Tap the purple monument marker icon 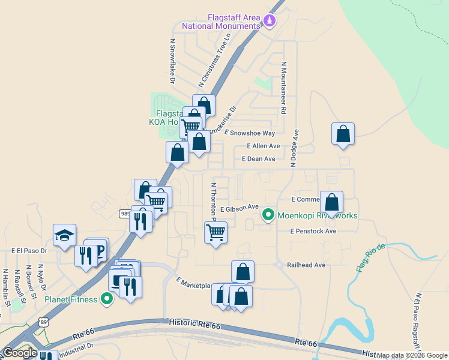tap(270, 22)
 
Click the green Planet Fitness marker tap(107, 298)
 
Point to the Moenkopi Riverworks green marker tap(268, 214)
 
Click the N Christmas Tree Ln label tap(215, 61)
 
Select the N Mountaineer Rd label tap(282, 88)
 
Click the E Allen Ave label tap(264, 146)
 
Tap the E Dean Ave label tap(258, 159)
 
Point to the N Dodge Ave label tap(295, 142)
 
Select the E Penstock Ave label tap(313, 231)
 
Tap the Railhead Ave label tap(306, 265)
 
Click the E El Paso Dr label tap(29, 250)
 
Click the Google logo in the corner tap(20, 352)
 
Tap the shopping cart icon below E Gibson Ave tap(215, 232)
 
